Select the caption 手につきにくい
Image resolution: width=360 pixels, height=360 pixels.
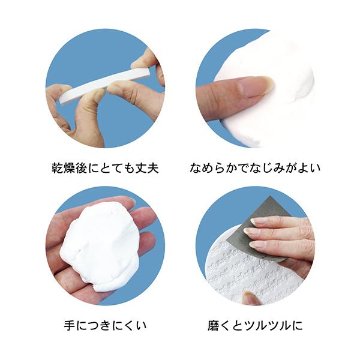pos(105,326)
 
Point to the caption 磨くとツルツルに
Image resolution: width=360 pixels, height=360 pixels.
pos(254,326)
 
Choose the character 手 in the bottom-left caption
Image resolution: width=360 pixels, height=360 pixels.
pos(70,326)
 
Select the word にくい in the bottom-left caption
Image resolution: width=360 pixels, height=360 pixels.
pos(126,326)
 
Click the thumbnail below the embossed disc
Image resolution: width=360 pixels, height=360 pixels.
pos(251,298)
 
